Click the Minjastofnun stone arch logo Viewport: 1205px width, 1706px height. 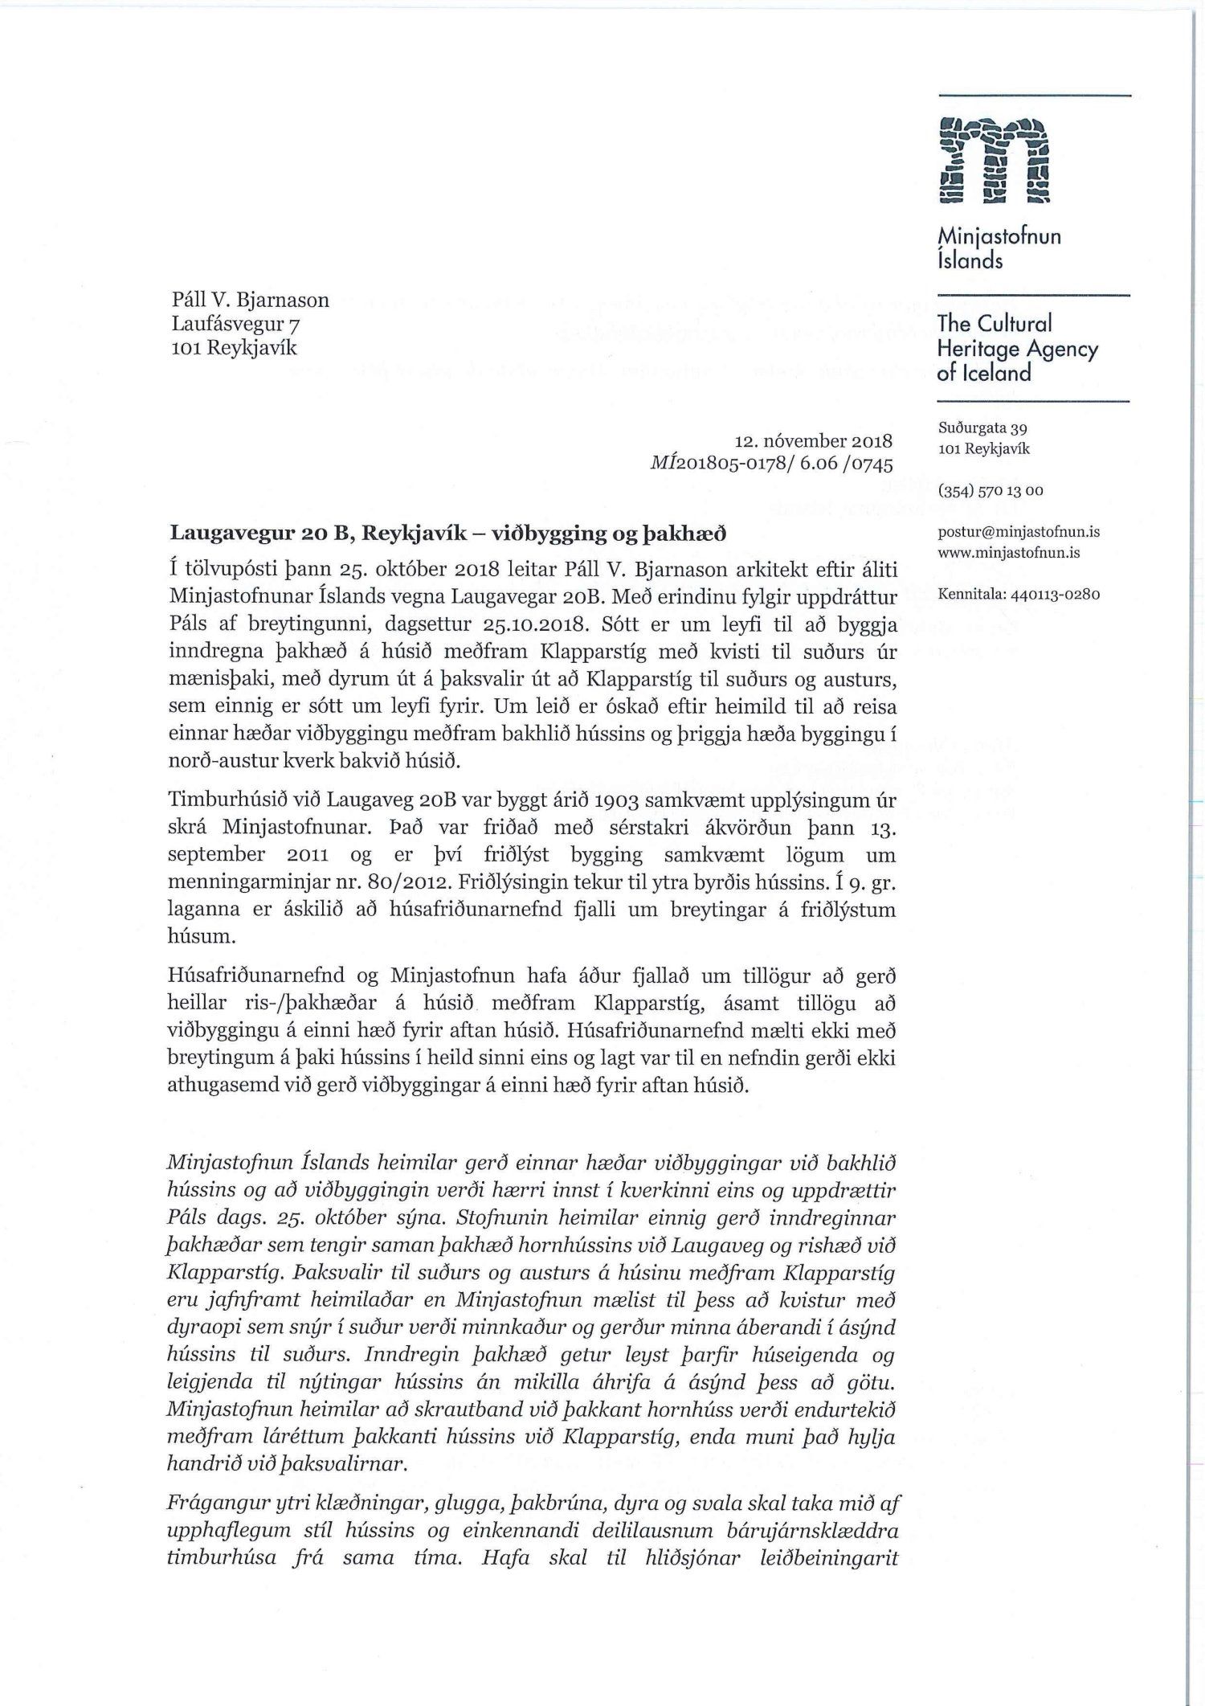(994, 162)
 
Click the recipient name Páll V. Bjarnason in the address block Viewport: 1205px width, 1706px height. (250, 301)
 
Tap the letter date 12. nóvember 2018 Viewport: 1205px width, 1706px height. (814, 441)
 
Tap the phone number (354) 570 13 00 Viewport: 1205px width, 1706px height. (991, 490)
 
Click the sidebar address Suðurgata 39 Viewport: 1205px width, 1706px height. (982, 428)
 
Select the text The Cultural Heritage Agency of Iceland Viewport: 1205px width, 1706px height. (1017, 348)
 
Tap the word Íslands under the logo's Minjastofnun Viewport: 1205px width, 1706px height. (970, 261)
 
